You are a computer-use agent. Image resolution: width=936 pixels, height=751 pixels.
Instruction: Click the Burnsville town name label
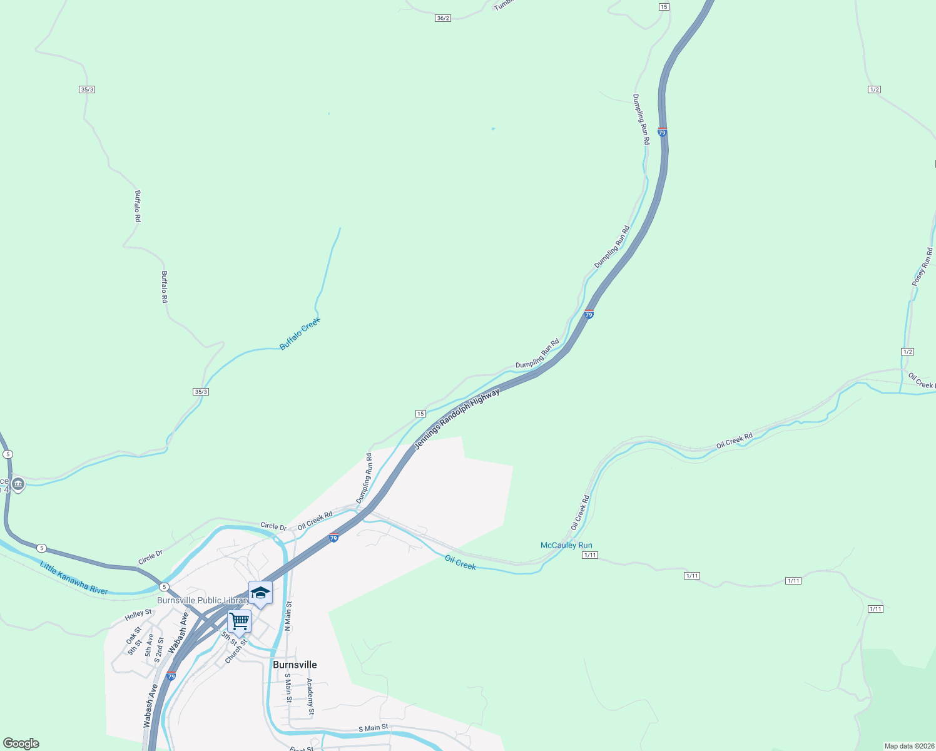tap(295, 665)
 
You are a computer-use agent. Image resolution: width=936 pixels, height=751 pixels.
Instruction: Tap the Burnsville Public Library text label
tap(203, 600)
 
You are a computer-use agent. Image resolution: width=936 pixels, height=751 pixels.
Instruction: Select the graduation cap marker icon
tap(260, 593)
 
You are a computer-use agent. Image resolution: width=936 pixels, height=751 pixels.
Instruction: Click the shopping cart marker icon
tap(239, 621)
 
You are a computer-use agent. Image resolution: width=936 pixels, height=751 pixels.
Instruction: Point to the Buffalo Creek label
tap(300, 334)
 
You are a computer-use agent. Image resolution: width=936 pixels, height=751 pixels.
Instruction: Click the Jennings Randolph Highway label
tap(457, 419)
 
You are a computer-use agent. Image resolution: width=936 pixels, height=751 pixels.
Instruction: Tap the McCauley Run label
tap(566, 545)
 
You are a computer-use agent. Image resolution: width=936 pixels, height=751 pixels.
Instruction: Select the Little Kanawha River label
tap(74, 578)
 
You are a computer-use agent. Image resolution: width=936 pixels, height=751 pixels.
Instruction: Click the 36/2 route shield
tap(443, 18)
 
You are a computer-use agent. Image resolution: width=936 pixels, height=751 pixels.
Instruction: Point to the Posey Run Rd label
tap(922, 267)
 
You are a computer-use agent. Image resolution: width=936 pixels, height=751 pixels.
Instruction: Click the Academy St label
tap(310, 696)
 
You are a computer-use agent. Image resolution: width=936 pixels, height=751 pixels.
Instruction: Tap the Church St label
tap(237, 651)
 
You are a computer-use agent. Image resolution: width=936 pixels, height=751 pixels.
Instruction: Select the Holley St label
tap(138, 615)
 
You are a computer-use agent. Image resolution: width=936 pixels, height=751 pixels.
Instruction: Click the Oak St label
tap(133, 635)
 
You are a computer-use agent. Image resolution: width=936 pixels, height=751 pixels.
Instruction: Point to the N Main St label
tap(288, 616)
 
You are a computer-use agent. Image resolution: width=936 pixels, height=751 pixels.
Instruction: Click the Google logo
tap(21, 743)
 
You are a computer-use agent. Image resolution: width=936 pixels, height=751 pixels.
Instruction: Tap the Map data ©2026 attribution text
tap(908, 746)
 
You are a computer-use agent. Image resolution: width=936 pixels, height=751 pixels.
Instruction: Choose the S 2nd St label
tap(159, 650)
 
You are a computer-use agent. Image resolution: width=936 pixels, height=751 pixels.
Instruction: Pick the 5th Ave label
tap(150, 645)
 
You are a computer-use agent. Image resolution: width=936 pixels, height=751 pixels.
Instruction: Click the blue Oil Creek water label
tap(460, 563)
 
